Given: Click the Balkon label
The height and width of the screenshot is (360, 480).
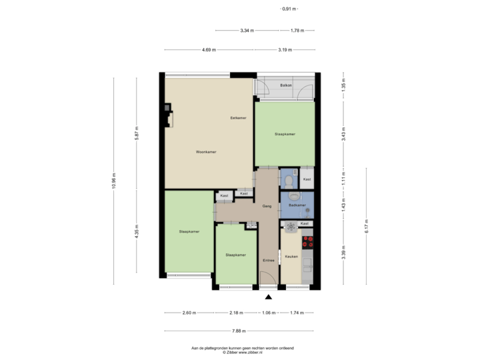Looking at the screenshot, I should tap(287, 86).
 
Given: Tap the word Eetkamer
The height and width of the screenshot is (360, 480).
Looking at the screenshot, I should tap(238, 118).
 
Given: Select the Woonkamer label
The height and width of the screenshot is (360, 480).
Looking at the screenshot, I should tap(206, 152).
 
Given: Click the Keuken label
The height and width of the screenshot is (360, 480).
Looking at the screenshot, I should tap(291, 256).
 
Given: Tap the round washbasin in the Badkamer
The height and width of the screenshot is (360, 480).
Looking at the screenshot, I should tap(293, 196).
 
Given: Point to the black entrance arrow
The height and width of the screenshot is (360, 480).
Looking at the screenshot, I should tap(268, 297).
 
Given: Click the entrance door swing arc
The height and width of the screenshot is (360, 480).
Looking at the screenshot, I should tap(265, 279).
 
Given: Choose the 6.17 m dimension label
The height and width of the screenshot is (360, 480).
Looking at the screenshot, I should tap(366, 227).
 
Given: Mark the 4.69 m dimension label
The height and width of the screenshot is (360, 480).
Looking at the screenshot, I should tap(209, 50).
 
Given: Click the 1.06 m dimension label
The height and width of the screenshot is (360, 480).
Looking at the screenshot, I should tap(268, 313).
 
